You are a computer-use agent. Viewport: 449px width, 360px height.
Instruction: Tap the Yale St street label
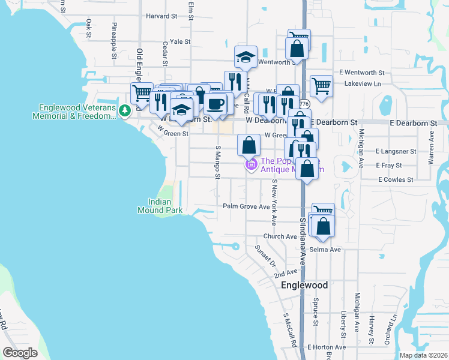coord(179,42)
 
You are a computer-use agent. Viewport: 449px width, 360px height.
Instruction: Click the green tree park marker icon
coord(124,110)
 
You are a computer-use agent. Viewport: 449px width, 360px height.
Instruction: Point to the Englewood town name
coord(304,285)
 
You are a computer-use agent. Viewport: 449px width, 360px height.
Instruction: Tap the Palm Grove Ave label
coord(246,206)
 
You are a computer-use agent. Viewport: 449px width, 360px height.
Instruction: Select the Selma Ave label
coord(326,249)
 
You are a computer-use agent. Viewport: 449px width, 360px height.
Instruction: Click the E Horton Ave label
coord(327,347)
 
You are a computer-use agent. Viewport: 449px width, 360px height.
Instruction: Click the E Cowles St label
coord(396,179)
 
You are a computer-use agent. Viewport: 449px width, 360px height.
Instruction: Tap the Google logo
coord(20,352)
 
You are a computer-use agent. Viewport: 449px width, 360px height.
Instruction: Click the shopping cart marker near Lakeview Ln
coord(321,85)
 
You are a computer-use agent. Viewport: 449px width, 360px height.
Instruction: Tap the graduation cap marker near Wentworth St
coord(245,57)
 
